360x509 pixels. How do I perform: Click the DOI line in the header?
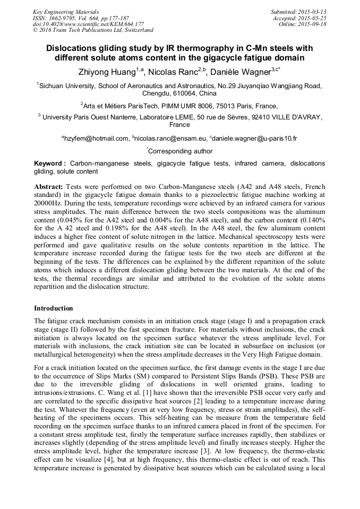[x=88, y=24]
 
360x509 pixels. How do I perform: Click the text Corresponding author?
[x=181, y=151]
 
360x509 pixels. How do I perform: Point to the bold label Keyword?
[x=50, y=163]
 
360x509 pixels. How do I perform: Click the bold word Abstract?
[x=49, y=187]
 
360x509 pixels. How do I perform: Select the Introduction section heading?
[x=54, y=308]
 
